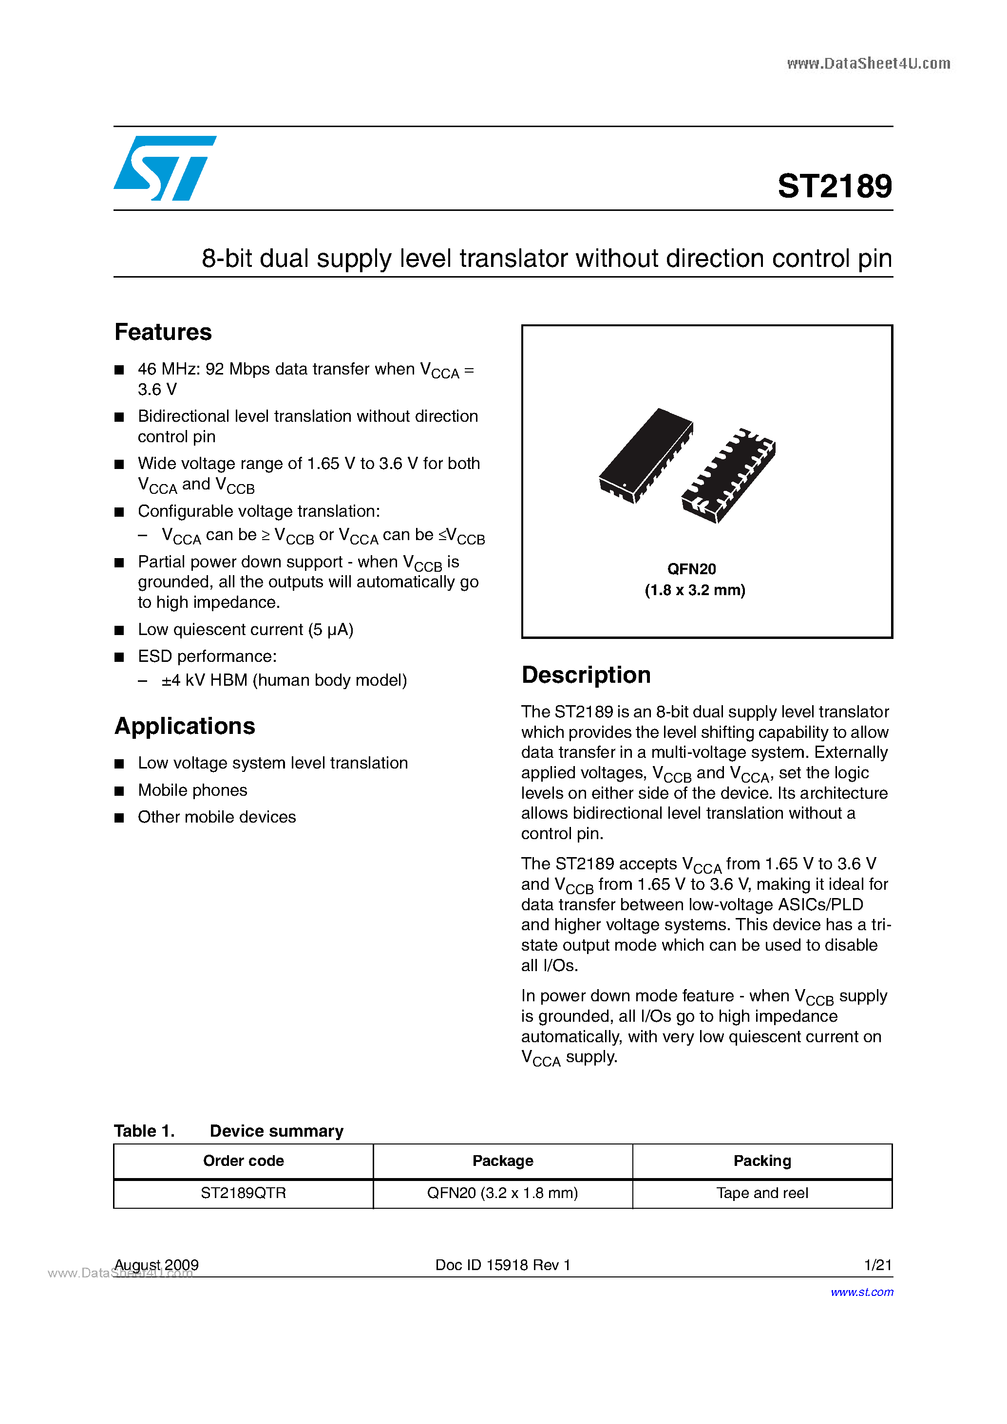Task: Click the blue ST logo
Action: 164,168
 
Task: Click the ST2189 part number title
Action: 834,186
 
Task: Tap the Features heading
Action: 163,333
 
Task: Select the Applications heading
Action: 185,726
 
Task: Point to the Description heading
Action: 586,675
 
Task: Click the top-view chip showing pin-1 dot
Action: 646,456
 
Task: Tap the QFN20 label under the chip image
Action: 691,569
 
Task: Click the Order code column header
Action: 243,1161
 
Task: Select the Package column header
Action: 503,1161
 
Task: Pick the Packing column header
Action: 762,1161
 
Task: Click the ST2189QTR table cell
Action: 243,1193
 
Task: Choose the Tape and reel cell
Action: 762,1193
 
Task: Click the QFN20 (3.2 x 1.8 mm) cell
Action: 503,1193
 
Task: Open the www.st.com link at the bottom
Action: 862,1292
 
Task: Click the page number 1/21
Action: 877,1265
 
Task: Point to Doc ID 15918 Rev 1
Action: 503,1265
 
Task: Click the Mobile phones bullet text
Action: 192,790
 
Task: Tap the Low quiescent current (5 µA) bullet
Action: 246,630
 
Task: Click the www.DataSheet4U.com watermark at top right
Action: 868,63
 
